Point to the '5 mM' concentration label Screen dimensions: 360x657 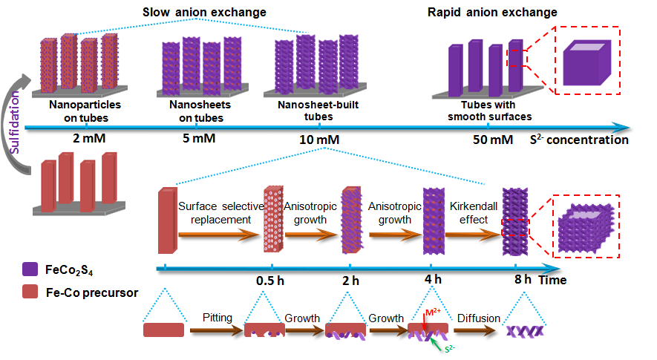click(195, 139)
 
